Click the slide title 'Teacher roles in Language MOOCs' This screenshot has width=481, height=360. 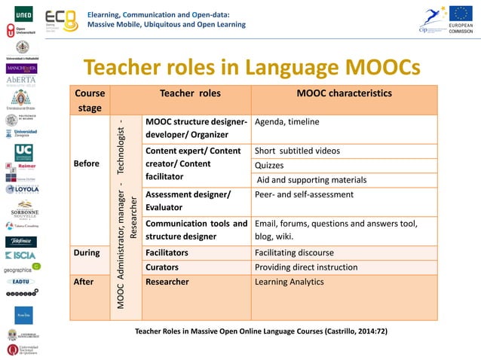pyautogui.click(x=251, y=68)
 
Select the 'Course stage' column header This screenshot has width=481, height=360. pyautogui.click(x=90, y=101)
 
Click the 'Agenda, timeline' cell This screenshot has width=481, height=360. pyautogui.click(x=288, y=122)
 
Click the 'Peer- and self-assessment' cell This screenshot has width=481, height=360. pyautogui.click(x=305, y=194)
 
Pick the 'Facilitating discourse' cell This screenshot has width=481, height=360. pyautogui.click(x=300, y=253)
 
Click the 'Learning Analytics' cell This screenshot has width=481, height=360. pyautogui.click(x=290, y=282)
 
